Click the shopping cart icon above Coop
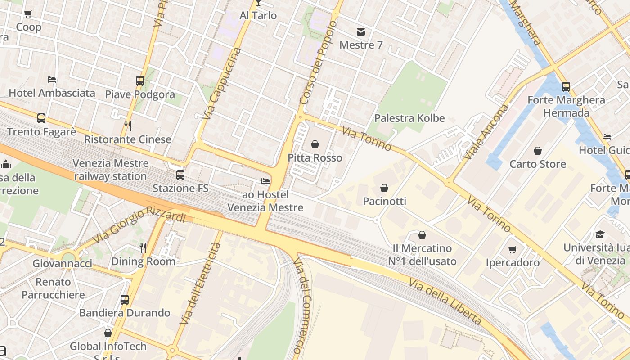pos(28,13)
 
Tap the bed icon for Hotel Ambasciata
pos(52,80)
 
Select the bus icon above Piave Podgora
pos(140,81)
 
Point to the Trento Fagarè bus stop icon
pos(41,118)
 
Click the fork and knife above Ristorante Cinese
pos(128,126)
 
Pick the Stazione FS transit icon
pos(180,175)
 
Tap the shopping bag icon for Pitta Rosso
pos(315,144)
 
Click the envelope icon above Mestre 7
pos(361,31)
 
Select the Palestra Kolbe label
pos(409,118)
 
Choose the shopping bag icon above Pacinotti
pos(384,188)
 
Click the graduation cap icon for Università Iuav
pos(600,234)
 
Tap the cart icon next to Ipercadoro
pos(513,249)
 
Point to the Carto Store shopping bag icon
pos(538,150)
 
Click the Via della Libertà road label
pos(445,301)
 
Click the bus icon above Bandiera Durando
pos(125,299)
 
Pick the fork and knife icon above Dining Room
pos(143,247)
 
